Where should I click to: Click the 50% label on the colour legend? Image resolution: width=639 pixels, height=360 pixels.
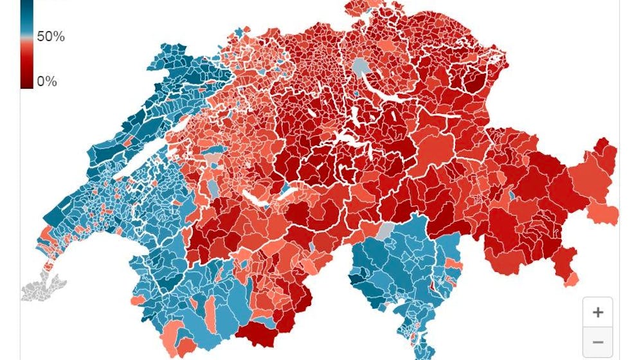[x=51, y=37]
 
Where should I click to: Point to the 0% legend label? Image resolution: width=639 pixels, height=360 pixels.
[x=47, y=82]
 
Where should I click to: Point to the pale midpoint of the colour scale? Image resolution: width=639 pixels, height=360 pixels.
[x=27, y=40]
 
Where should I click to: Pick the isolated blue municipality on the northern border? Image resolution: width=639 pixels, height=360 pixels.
[x=240, y=32]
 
